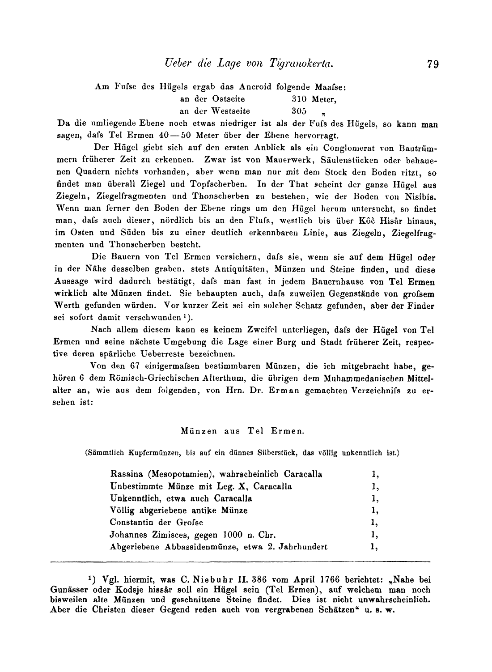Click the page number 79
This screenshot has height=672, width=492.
click(x=433, y=64)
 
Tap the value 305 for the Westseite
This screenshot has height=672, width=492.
click(x=299, y=111)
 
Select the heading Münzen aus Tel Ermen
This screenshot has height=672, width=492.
click(x=242, y=431)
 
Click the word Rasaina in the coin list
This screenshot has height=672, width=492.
click(x=127, y=474)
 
